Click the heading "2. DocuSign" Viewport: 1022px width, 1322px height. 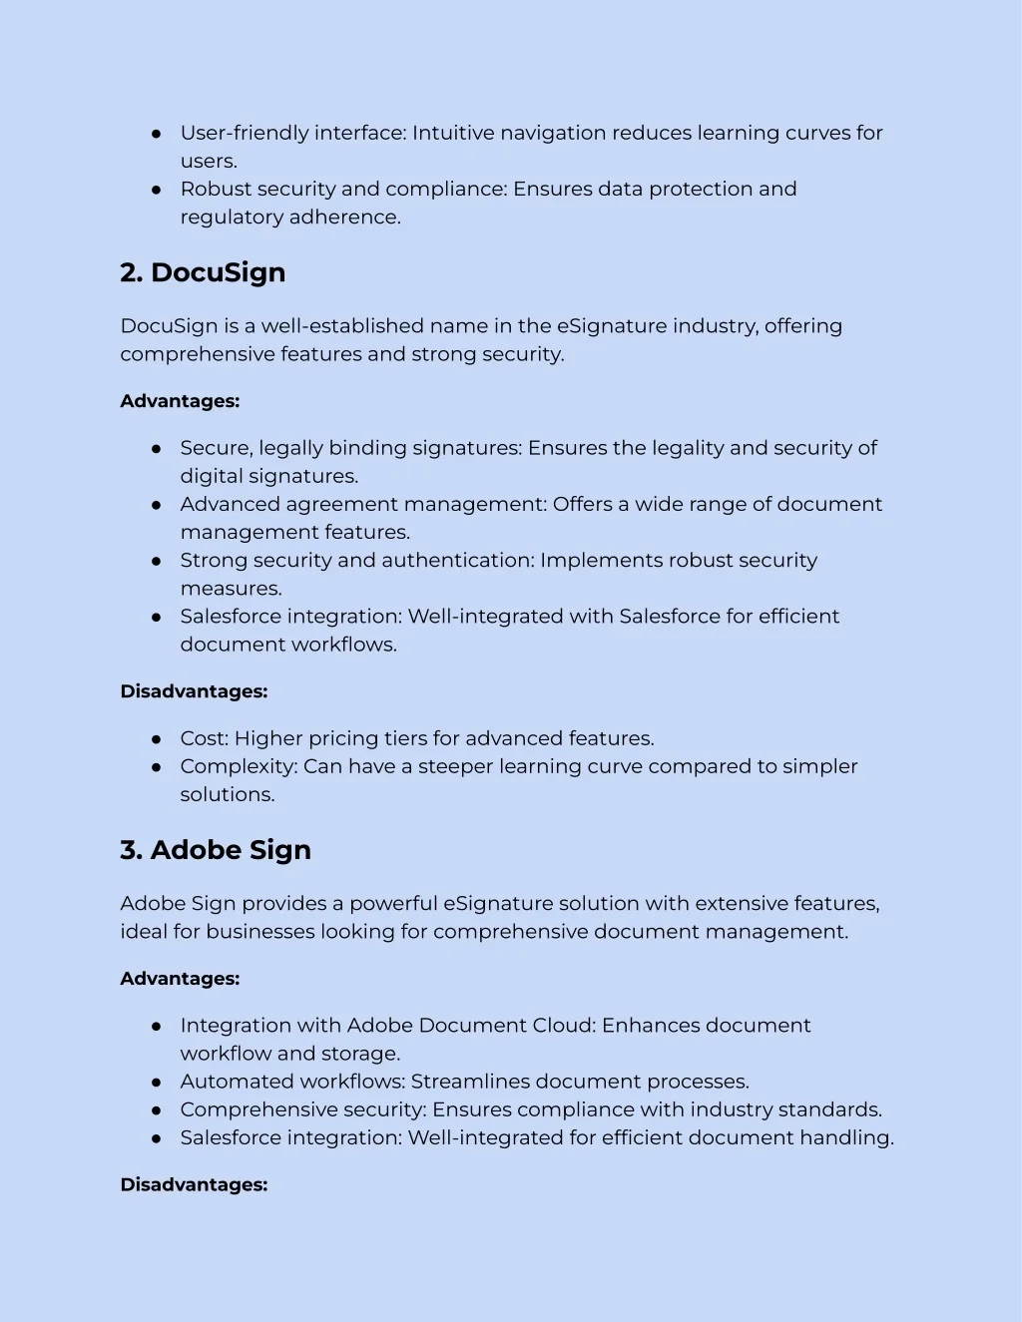point(203,272)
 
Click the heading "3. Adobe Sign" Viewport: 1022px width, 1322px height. point(216,850)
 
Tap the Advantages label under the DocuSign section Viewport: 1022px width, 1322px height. point(180,401)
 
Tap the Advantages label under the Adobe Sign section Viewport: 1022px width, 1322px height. point(180,979)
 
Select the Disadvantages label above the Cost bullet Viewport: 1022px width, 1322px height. point(194,691)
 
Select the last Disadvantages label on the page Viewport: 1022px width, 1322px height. point(194,1185)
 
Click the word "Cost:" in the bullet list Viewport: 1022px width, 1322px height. point(205,738)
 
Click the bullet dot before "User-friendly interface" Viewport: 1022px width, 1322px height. point(157,133)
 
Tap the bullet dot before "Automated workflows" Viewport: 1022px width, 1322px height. point(157,1082)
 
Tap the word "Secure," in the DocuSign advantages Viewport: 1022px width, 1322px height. point(217,448)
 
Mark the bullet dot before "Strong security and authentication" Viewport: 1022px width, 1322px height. point(157,561)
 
